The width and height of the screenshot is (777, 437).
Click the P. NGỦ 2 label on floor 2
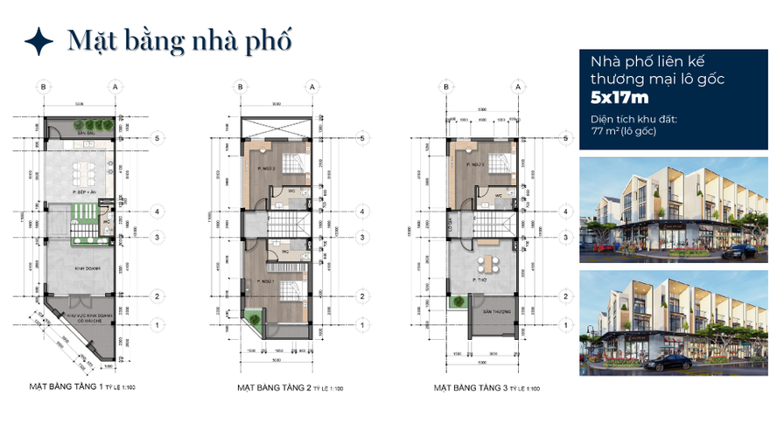pos(267,169)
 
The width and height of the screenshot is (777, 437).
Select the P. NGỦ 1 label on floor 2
pos(267,281)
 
